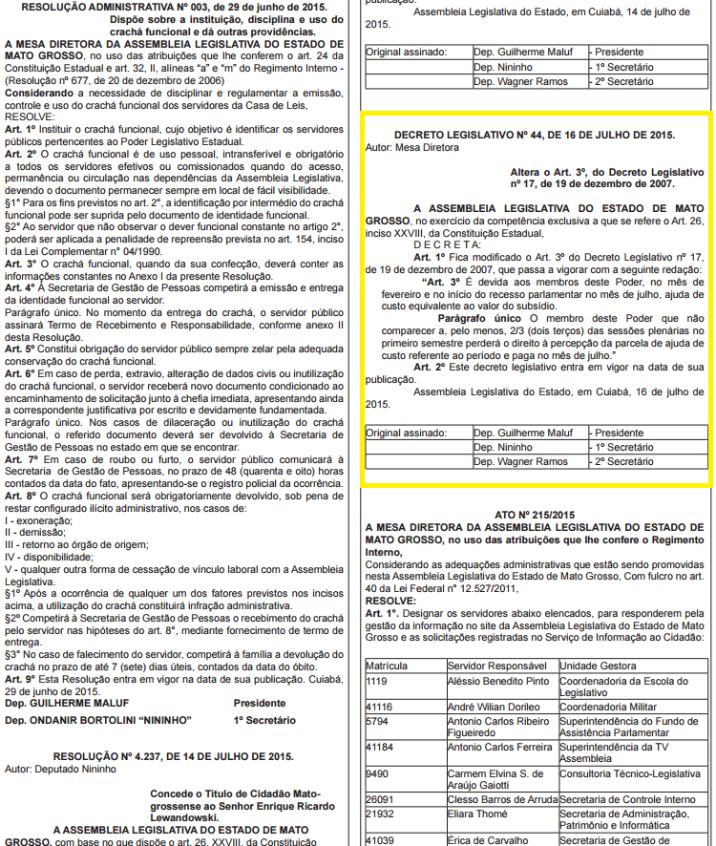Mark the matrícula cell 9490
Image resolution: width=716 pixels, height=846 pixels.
379,773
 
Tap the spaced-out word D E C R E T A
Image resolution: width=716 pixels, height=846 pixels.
421,245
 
